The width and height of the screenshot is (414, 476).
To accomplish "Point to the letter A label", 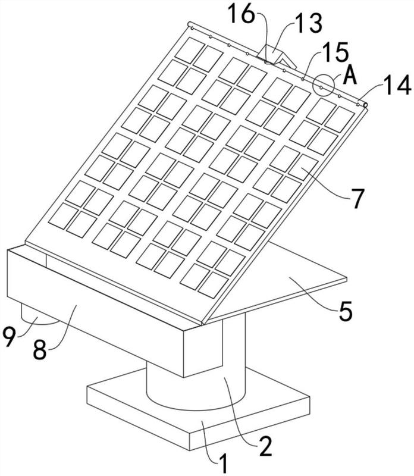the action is [350, 76].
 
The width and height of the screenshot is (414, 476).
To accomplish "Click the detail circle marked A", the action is [324, 86].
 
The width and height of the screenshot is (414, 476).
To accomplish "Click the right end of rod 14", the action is [365, 105].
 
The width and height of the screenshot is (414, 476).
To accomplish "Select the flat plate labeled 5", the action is [297, 280].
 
